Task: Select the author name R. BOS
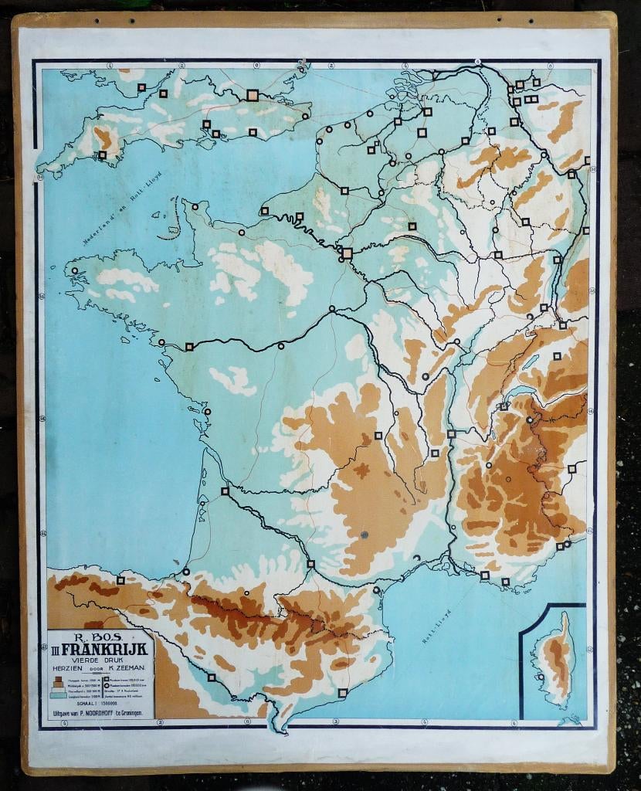point(100,635)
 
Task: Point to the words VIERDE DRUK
point(100,658)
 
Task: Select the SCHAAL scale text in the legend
point(84,703)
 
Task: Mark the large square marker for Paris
point(347,253)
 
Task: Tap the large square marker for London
point(252,95)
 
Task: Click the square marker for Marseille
point(485,575)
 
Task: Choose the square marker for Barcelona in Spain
point(342,693)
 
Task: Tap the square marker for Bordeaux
point(225,491)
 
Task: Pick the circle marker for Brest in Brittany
point(75,271)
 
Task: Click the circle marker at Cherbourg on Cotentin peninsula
point(195,206)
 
